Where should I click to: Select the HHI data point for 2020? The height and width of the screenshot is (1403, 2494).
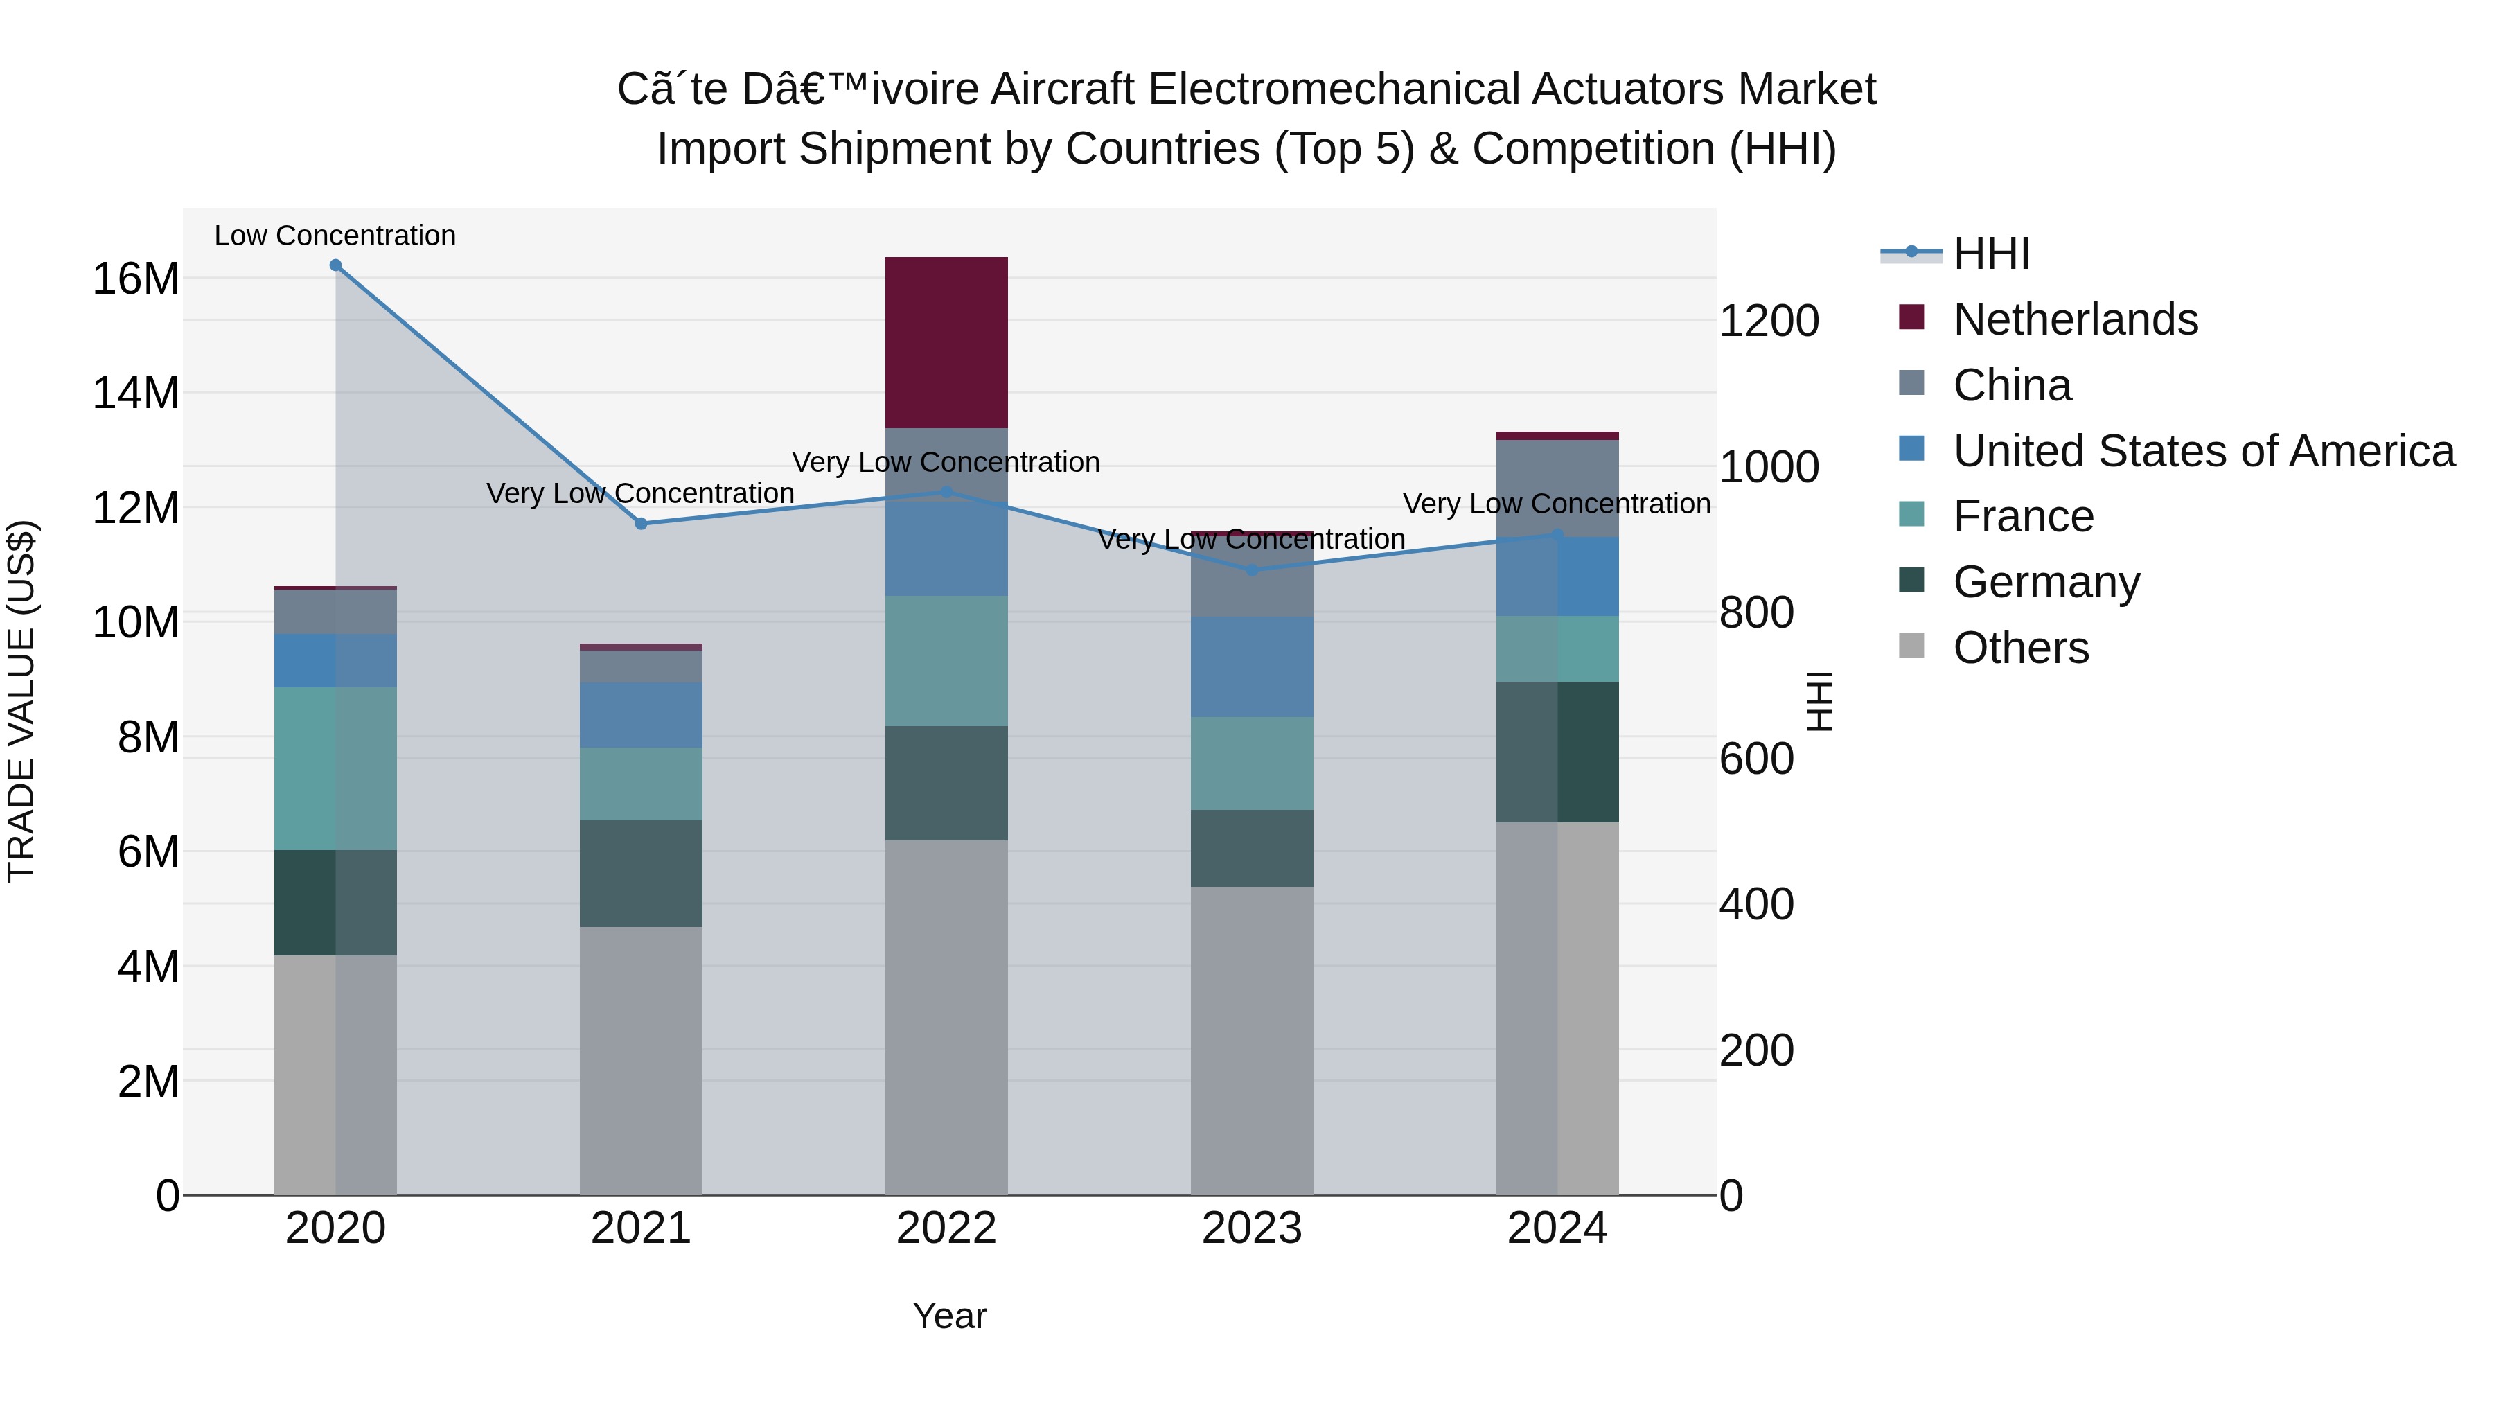click(335, 265)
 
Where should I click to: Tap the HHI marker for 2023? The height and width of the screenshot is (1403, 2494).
click(1252, 570)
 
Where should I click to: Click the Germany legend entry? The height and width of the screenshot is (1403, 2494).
click(2046, 582)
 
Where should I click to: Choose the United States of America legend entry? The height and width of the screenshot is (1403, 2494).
click(2202, 451)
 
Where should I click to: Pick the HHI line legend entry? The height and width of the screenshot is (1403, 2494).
click(1990, 254)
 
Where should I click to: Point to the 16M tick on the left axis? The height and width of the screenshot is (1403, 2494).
click(136, 279)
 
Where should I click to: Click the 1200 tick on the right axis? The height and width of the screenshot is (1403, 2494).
click(1768, 321)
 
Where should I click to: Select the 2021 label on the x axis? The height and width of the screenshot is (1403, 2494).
click(641, 1228)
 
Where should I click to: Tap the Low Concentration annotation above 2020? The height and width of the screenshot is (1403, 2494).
click(335, 236)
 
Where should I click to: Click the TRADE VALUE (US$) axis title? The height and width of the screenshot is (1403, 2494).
click(21, 701)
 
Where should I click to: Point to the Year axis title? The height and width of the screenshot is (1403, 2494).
click(949, 1316)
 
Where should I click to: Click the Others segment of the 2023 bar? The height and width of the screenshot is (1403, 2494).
click(1252, 1040)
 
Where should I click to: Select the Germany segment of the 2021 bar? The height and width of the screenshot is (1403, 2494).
click(641, 874)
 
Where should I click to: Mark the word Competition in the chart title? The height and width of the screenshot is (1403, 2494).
click(1592, 149)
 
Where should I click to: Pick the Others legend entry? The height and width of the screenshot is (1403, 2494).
click(2021, 648)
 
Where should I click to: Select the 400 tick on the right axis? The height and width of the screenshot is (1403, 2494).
click(1755, 904)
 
